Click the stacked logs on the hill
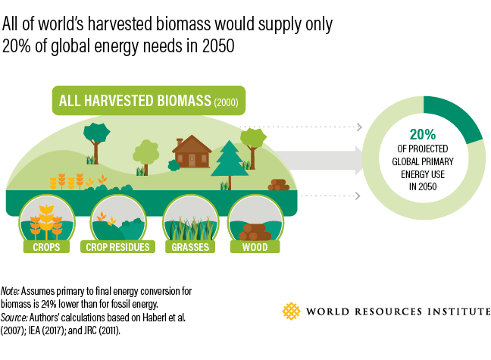pyautogui.click(x=278, y=184)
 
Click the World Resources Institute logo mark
pyautogui.click(x=291, y=311)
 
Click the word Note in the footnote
pyautogui.click(x=10, y=290)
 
